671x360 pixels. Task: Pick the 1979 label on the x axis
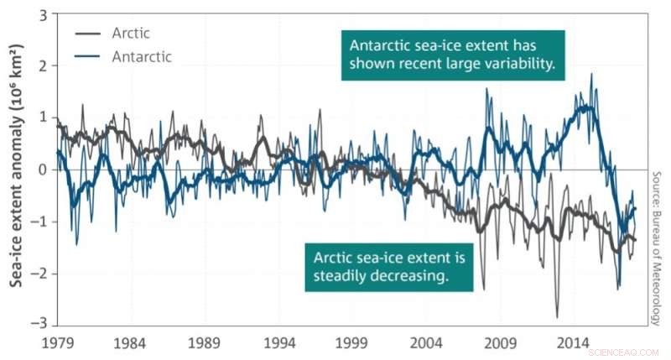[55, 344]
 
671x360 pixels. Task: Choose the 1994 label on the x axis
[278, 344]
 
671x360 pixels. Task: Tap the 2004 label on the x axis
[427, 344]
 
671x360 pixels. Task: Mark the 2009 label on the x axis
[501, 344]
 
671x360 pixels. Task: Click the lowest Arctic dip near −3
[557, 317]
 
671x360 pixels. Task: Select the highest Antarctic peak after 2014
[592, 74]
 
